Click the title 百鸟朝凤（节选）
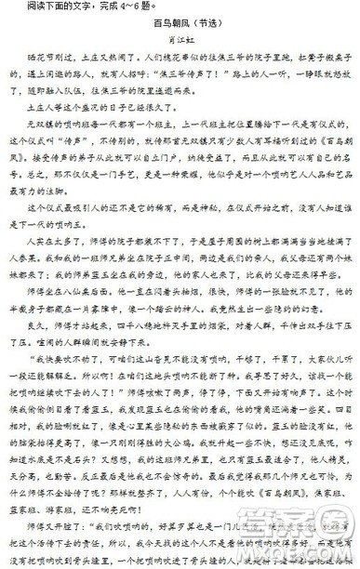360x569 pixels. click(180, 29)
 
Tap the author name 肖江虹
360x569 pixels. click(180, 49)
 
